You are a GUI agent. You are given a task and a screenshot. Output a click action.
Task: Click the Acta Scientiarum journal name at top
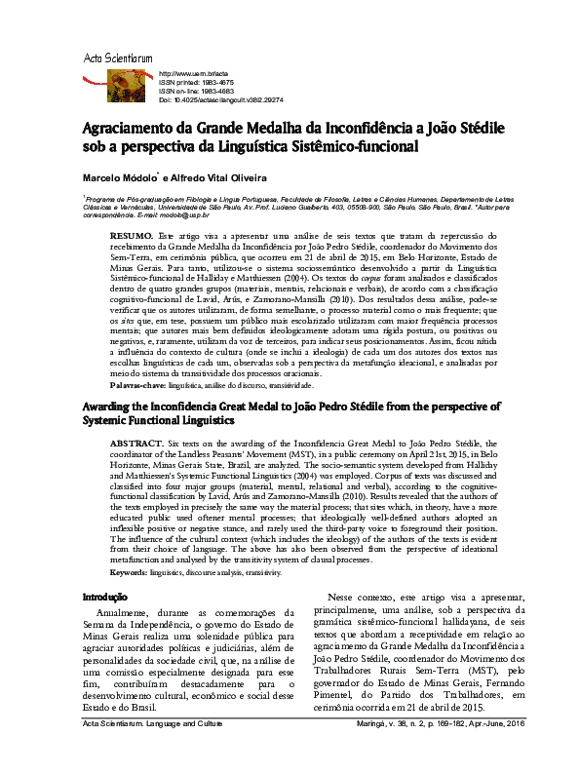click(x=117, y=59)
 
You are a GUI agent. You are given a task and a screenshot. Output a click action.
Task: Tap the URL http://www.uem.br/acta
click(x=193, y=74)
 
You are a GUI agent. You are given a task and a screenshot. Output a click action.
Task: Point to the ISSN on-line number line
click(x=198, y=92)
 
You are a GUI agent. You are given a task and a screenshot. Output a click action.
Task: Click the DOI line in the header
click(x=220, y=100)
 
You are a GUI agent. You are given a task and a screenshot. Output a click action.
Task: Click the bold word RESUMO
click(x=131, y=237)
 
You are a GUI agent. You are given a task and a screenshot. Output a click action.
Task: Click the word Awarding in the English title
click(x=110, y=406)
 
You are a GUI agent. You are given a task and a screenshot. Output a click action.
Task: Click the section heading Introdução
click(x=105, y=596)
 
